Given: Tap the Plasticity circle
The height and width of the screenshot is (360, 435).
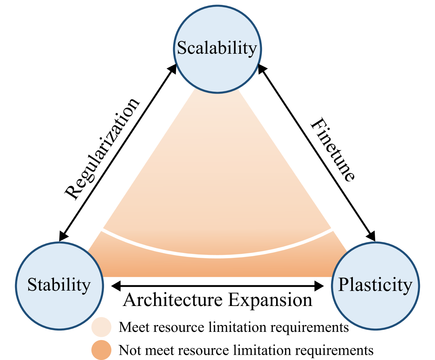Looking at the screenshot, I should click(375, 308).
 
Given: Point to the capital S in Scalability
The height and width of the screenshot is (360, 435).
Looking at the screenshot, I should click(182, 48).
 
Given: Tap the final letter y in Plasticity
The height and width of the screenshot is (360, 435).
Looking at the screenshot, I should click(407, 286).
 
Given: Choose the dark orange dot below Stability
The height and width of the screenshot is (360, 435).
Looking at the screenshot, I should click(101, 350).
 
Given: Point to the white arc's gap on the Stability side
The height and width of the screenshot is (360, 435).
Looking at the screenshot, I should click(77, 214).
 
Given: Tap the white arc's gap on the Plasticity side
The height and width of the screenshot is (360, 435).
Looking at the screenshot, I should click(357, 214).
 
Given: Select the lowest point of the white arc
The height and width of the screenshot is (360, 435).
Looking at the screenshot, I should click(217, 256).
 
